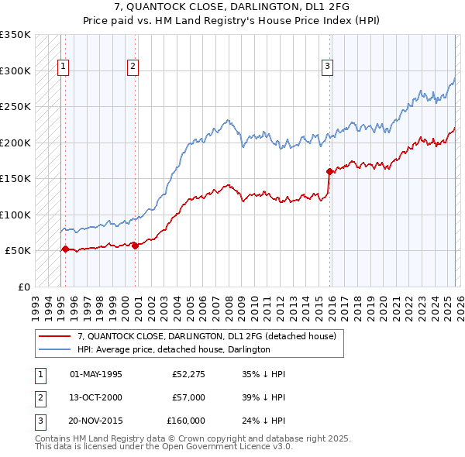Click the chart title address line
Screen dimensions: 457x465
click(232, 8)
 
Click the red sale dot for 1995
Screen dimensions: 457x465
click(65, 249)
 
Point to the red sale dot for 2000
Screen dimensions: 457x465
click(136, 246)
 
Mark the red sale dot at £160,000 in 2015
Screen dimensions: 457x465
click(329, 170)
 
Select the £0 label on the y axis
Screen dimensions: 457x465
click(22, 287)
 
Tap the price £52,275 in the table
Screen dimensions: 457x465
click(188, 374)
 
